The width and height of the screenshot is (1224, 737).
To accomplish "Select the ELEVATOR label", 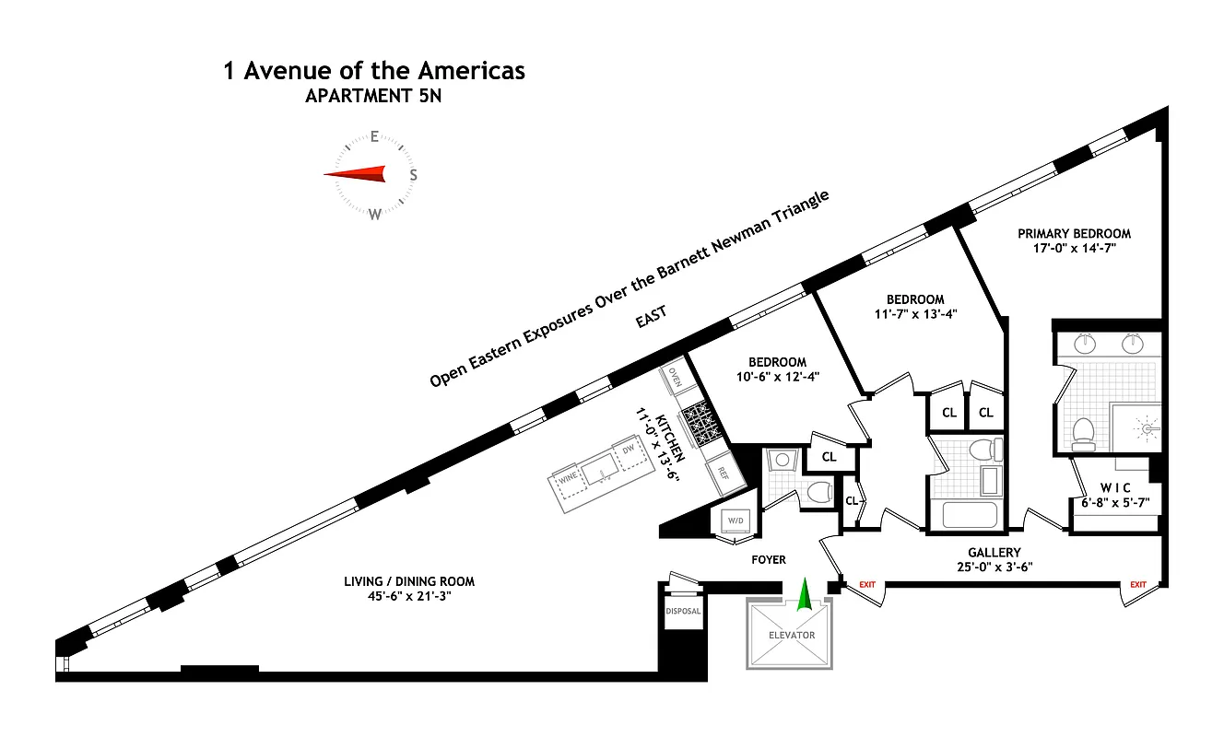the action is click(x=792, y=636).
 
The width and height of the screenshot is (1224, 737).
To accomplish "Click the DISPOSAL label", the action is click(x=683, y=611).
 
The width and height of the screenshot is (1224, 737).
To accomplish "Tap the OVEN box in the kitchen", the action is click(x=675, y=377).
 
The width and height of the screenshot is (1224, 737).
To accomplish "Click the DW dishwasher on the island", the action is click(x=628, y=449).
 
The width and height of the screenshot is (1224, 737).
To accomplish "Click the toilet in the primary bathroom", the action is click(x=1083, y=431).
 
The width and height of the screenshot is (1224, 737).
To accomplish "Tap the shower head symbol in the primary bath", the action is click(x=1147, y=427).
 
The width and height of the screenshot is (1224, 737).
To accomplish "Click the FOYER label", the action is click(x=769, y=559).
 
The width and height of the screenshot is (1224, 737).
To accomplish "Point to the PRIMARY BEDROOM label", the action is click(x=1074, y=233).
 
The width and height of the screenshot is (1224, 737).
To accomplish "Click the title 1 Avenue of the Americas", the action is click(x=374, y=71).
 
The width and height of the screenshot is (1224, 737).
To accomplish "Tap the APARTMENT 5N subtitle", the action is click(x=374, y=97).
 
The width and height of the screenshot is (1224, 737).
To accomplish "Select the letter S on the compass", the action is click(x=414, y=174).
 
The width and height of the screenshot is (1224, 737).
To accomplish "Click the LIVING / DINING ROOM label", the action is click(x=409, y=581).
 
